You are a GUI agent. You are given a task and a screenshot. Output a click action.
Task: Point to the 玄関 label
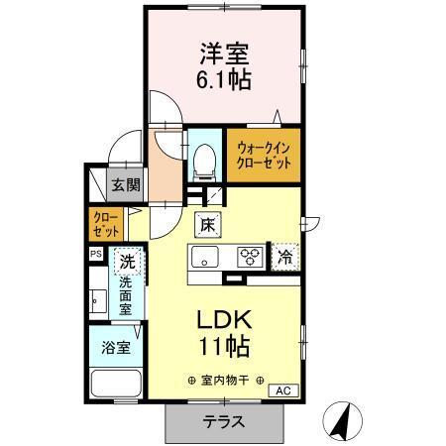(x=126, y=184)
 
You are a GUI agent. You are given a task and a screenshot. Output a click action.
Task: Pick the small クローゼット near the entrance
(x=106, y=223)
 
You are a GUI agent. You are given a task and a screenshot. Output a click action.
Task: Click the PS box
(x=96, y=254)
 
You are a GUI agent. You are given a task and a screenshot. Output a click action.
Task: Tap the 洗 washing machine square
(x=126, y=263)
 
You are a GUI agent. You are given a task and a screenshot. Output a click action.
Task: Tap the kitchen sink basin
(x=206, y=260)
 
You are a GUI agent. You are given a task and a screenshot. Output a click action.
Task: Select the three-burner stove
(x=248, y=258)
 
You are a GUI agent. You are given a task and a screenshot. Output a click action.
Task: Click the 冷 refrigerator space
(x=285, y=258)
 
